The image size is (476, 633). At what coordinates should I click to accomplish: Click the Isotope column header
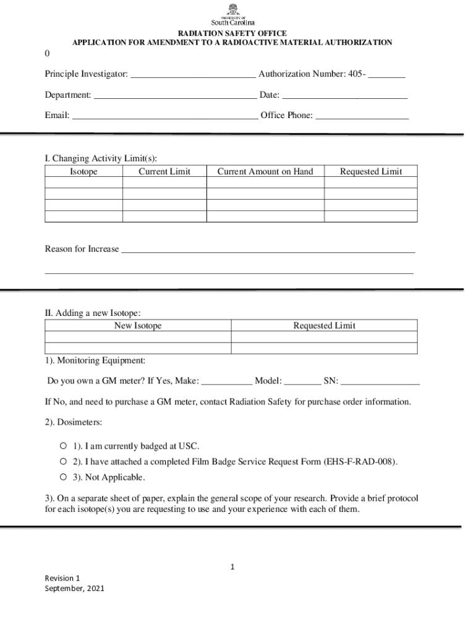tap(83, 172)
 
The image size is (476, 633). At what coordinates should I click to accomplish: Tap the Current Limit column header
tap(164, 172)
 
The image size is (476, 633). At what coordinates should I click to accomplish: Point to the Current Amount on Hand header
tap(265, 172)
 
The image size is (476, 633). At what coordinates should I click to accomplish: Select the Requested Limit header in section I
tap(371, 172)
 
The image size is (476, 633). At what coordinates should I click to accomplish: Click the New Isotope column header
tap(138, 326)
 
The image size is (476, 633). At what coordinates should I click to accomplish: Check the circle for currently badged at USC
tap(63, 446)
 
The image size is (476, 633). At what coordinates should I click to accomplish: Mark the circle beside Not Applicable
tap(63, 477)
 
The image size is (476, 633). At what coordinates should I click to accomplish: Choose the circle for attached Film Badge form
tap(63, 462)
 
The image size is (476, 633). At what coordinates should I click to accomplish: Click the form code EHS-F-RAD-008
tap(359, 462)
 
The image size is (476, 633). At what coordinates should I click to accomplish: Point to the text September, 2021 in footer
tap(75, 588)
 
